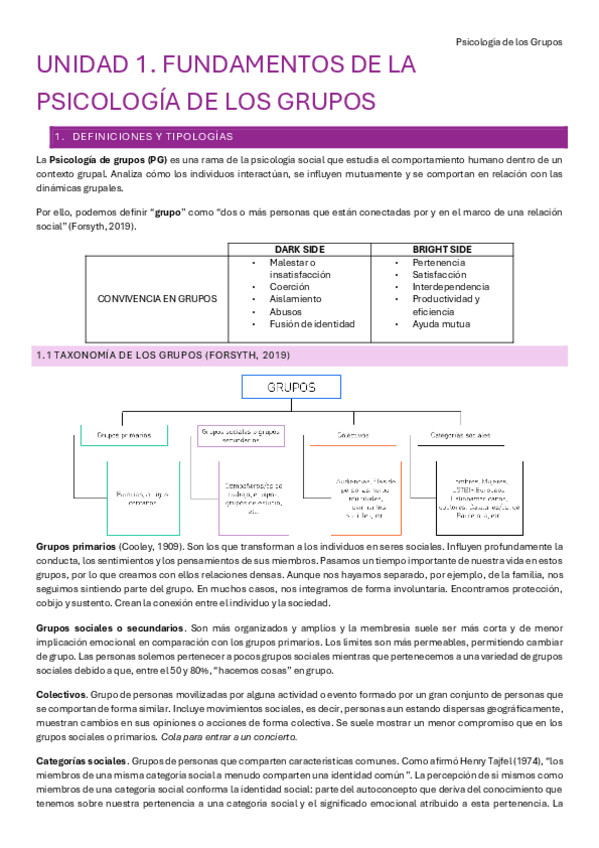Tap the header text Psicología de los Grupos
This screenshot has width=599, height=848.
[508, 42]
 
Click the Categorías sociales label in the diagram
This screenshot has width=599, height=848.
[460, 435]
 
